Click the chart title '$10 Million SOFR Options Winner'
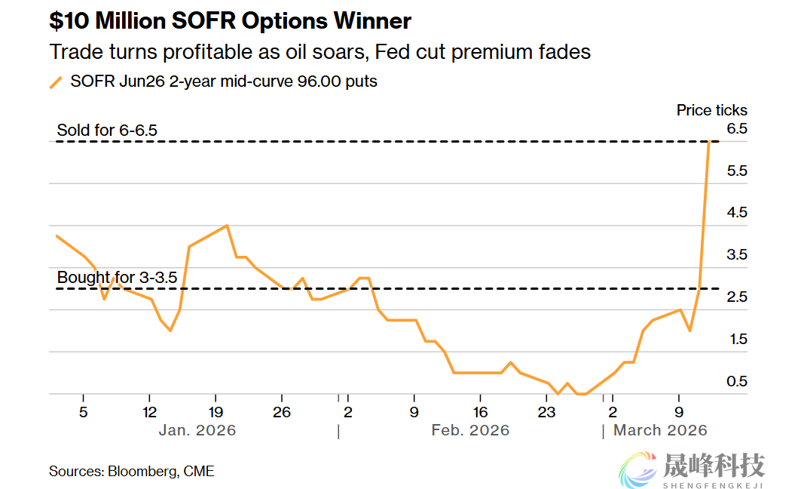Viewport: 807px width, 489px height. [x=230, y=20]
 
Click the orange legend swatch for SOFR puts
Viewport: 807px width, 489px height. [x=56, y=82]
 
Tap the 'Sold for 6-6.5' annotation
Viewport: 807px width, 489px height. [x=107, y=131]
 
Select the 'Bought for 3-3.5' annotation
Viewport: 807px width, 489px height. [x=117, y=278]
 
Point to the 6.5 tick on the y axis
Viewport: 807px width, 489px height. [x=736, y=129]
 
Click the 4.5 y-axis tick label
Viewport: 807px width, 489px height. [x=736, y=213]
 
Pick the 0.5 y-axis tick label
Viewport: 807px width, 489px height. [x=736, y=382]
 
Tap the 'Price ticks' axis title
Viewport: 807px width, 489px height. [x=711, y=110]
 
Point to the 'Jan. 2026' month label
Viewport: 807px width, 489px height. [x=197, y=430]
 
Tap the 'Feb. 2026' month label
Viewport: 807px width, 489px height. [x=470, y=430]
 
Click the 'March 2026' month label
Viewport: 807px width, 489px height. [x=660, y=430]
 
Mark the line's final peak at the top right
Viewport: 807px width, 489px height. [x=709, y=142]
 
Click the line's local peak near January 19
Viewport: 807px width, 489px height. [x=227, y=226]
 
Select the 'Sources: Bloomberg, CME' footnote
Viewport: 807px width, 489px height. [x=132, y=472]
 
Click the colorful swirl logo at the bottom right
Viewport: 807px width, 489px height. [x=637, y=469]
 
